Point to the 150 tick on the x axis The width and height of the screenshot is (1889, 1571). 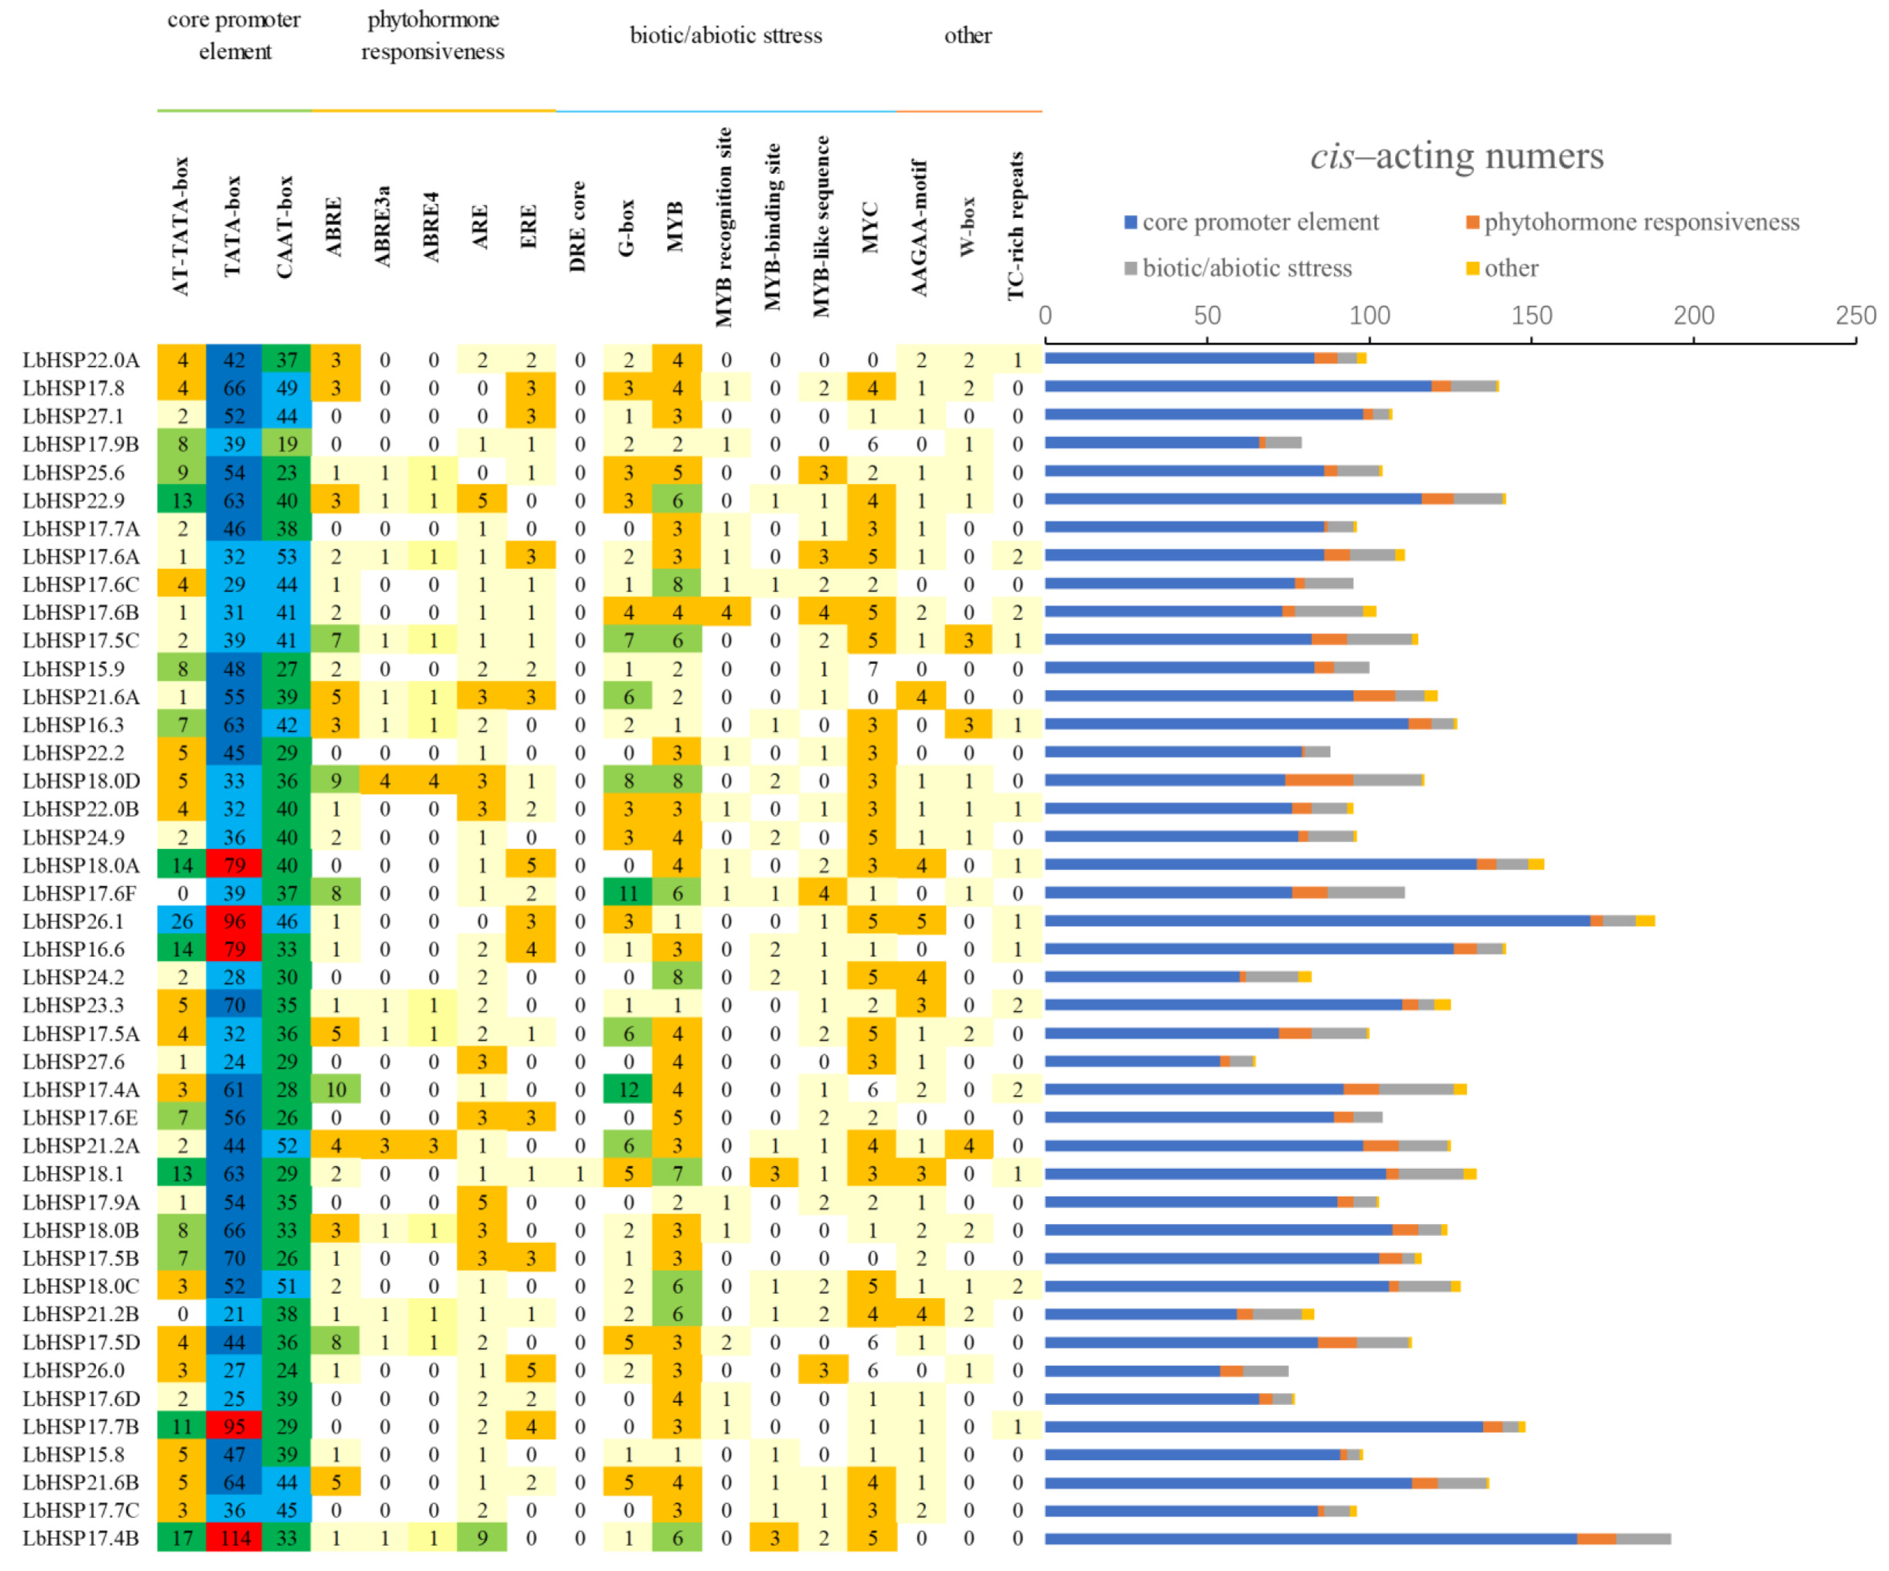pyautogui.click(x=1531, y=316)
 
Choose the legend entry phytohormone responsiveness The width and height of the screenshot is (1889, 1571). pyautogui.click(x=1641, y=222)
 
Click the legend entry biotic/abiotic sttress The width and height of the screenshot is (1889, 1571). pyautogui.click(x=1247, y=268)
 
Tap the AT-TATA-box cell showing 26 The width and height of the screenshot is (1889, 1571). pyautogui.click(x=182, y=920)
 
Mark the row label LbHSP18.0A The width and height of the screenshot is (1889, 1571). pyautogui.click(x=81, y=864)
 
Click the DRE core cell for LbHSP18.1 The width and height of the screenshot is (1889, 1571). pyautogui.click(x=579, y=1173)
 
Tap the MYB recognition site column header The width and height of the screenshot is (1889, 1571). pyautogui.click(x=725, y=227)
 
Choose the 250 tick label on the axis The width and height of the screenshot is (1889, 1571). pyautogui.click(x=1855, y=316)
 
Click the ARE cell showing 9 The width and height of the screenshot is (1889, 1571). pyautogui.click(x=482, y=1538)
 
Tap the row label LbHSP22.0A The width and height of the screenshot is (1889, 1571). pyautogui.click(x=81, y=360)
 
